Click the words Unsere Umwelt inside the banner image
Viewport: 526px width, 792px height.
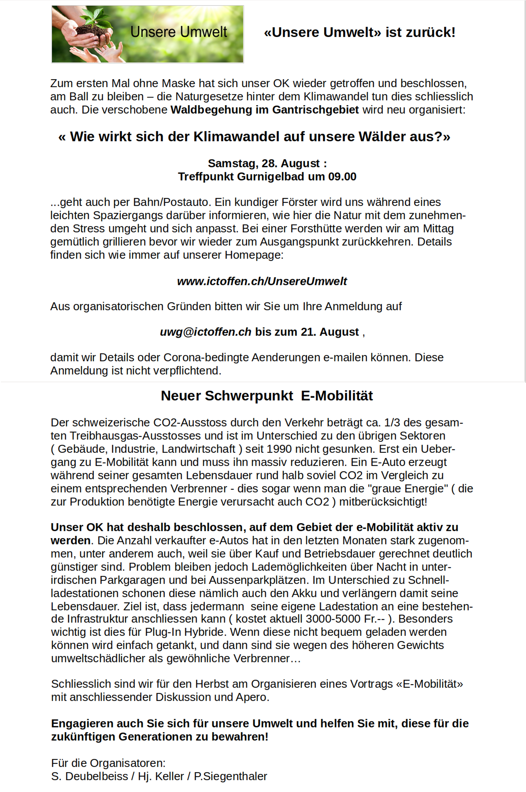tap(179, 32)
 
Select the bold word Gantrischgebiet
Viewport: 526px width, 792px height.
tap(315, 110)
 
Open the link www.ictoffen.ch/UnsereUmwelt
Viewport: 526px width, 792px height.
tap(262, 281)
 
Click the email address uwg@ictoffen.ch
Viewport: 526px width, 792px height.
tap(205, 332)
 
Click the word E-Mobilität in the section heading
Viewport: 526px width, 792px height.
tap(337, 396)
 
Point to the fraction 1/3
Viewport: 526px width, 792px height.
tap(392, 422)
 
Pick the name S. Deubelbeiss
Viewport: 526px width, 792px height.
tap(90, 776)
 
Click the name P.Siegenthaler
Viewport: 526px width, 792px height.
tap(230, 776)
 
